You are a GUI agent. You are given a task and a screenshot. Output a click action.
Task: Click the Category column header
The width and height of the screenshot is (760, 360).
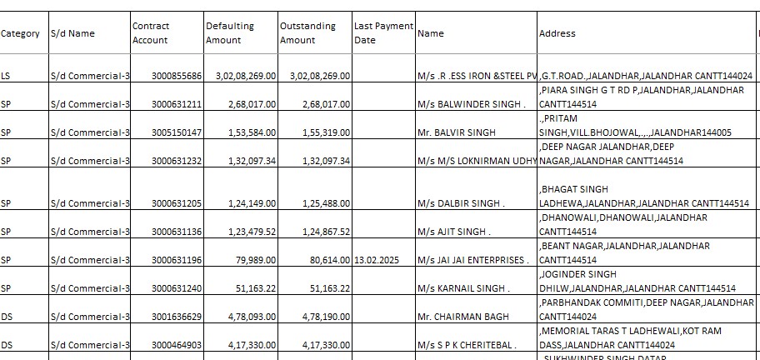coord(20,33)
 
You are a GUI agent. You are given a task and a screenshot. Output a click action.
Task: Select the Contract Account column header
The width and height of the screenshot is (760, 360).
coord(150,33)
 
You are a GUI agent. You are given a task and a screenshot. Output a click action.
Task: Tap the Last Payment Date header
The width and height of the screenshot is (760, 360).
coord(383,33)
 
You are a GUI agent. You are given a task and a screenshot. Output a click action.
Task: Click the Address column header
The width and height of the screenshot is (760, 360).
coord(557,33)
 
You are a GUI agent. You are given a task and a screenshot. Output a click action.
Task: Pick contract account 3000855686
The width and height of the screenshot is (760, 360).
coord(177,76)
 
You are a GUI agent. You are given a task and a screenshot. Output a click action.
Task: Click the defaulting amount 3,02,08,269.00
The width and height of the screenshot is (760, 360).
coord(245,76)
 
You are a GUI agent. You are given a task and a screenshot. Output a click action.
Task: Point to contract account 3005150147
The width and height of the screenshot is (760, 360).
coord(177,132)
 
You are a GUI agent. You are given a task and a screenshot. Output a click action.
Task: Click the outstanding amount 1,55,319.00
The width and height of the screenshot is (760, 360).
coord(320,132)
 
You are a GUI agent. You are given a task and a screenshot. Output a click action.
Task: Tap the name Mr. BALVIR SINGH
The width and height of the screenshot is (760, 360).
coord(457,132)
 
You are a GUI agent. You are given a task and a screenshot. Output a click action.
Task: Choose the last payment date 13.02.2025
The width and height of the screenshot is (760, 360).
coord(377,260)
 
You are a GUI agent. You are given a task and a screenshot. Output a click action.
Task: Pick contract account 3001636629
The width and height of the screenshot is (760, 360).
coord(177,317)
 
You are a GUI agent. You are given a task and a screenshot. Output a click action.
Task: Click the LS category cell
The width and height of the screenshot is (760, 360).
coord(7,76)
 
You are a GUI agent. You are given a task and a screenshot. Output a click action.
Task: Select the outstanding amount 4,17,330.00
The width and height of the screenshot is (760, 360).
coord(320,345)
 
